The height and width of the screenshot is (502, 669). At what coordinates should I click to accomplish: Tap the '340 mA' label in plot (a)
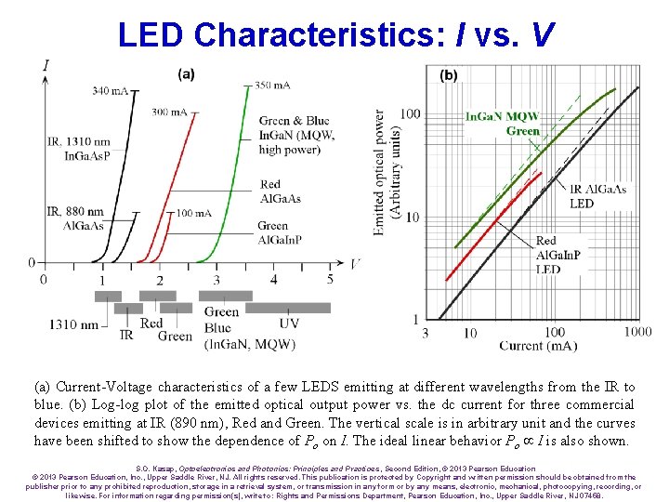(111, 90)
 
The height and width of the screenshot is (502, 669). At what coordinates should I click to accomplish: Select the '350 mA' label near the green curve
(275, 85)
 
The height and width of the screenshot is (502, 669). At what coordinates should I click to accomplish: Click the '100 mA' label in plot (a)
(193, 214)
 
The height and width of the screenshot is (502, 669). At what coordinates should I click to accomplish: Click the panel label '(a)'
(186, 73)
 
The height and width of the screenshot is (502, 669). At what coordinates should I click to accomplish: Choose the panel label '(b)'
(448, 75)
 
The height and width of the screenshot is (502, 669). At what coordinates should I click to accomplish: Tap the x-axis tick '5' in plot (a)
(330, 279)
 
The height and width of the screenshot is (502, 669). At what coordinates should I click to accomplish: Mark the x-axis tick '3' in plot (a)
(217, 279)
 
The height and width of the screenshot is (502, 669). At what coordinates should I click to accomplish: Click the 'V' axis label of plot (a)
(356, 263)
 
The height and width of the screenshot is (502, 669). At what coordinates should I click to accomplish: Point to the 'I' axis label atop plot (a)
(46, 64)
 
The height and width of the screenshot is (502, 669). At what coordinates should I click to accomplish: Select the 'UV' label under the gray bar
(289, 324)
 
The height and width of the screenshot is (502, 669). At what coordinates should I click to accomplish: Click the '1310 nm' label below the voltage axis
(74, 324)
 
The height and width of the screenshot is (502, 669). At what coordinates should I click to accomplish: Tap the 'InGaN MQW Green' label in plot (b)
(503, 124)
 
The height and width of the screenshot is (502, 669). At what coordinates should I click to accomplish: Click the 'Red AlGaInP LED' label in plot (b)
(558, 255)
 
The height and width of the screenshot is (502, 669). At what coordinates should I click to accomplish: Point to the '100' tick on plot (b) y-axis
(409, 114)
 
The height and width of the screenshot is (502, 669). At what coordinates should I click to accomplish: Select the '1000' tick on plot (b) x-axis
(637, 332)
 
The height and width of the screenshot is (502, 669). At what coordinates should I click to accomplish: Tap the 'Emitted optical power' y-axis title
(386, 172)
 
